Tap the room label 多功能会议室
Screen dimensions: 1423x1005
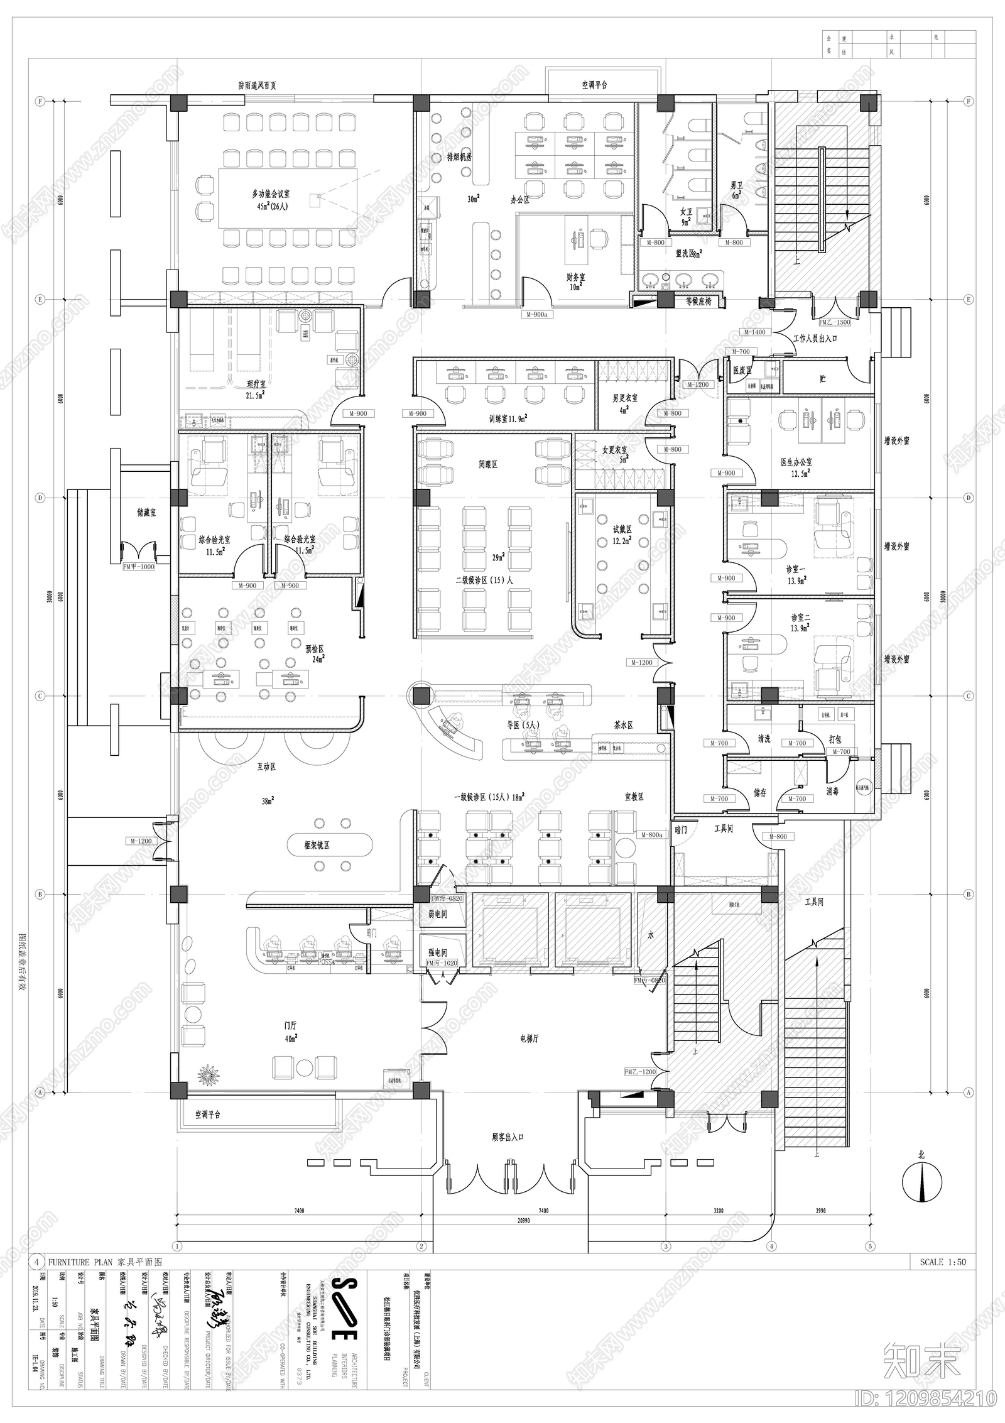271,195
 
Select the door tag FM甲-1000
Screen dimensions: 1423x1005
139,566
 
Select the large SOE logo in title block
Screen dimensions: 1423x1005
344,1318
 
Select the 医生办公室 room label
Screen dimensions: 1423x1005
796,462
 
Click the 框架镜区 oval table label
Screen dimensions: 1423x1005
317,846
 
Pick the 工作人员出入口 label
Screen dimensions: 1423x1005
815,339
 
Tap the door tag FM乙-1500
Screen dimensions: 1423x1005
835,322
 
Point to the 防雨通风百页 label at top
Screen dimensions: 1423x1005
257,85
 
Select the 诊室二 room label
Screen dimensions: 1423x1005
800,618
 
